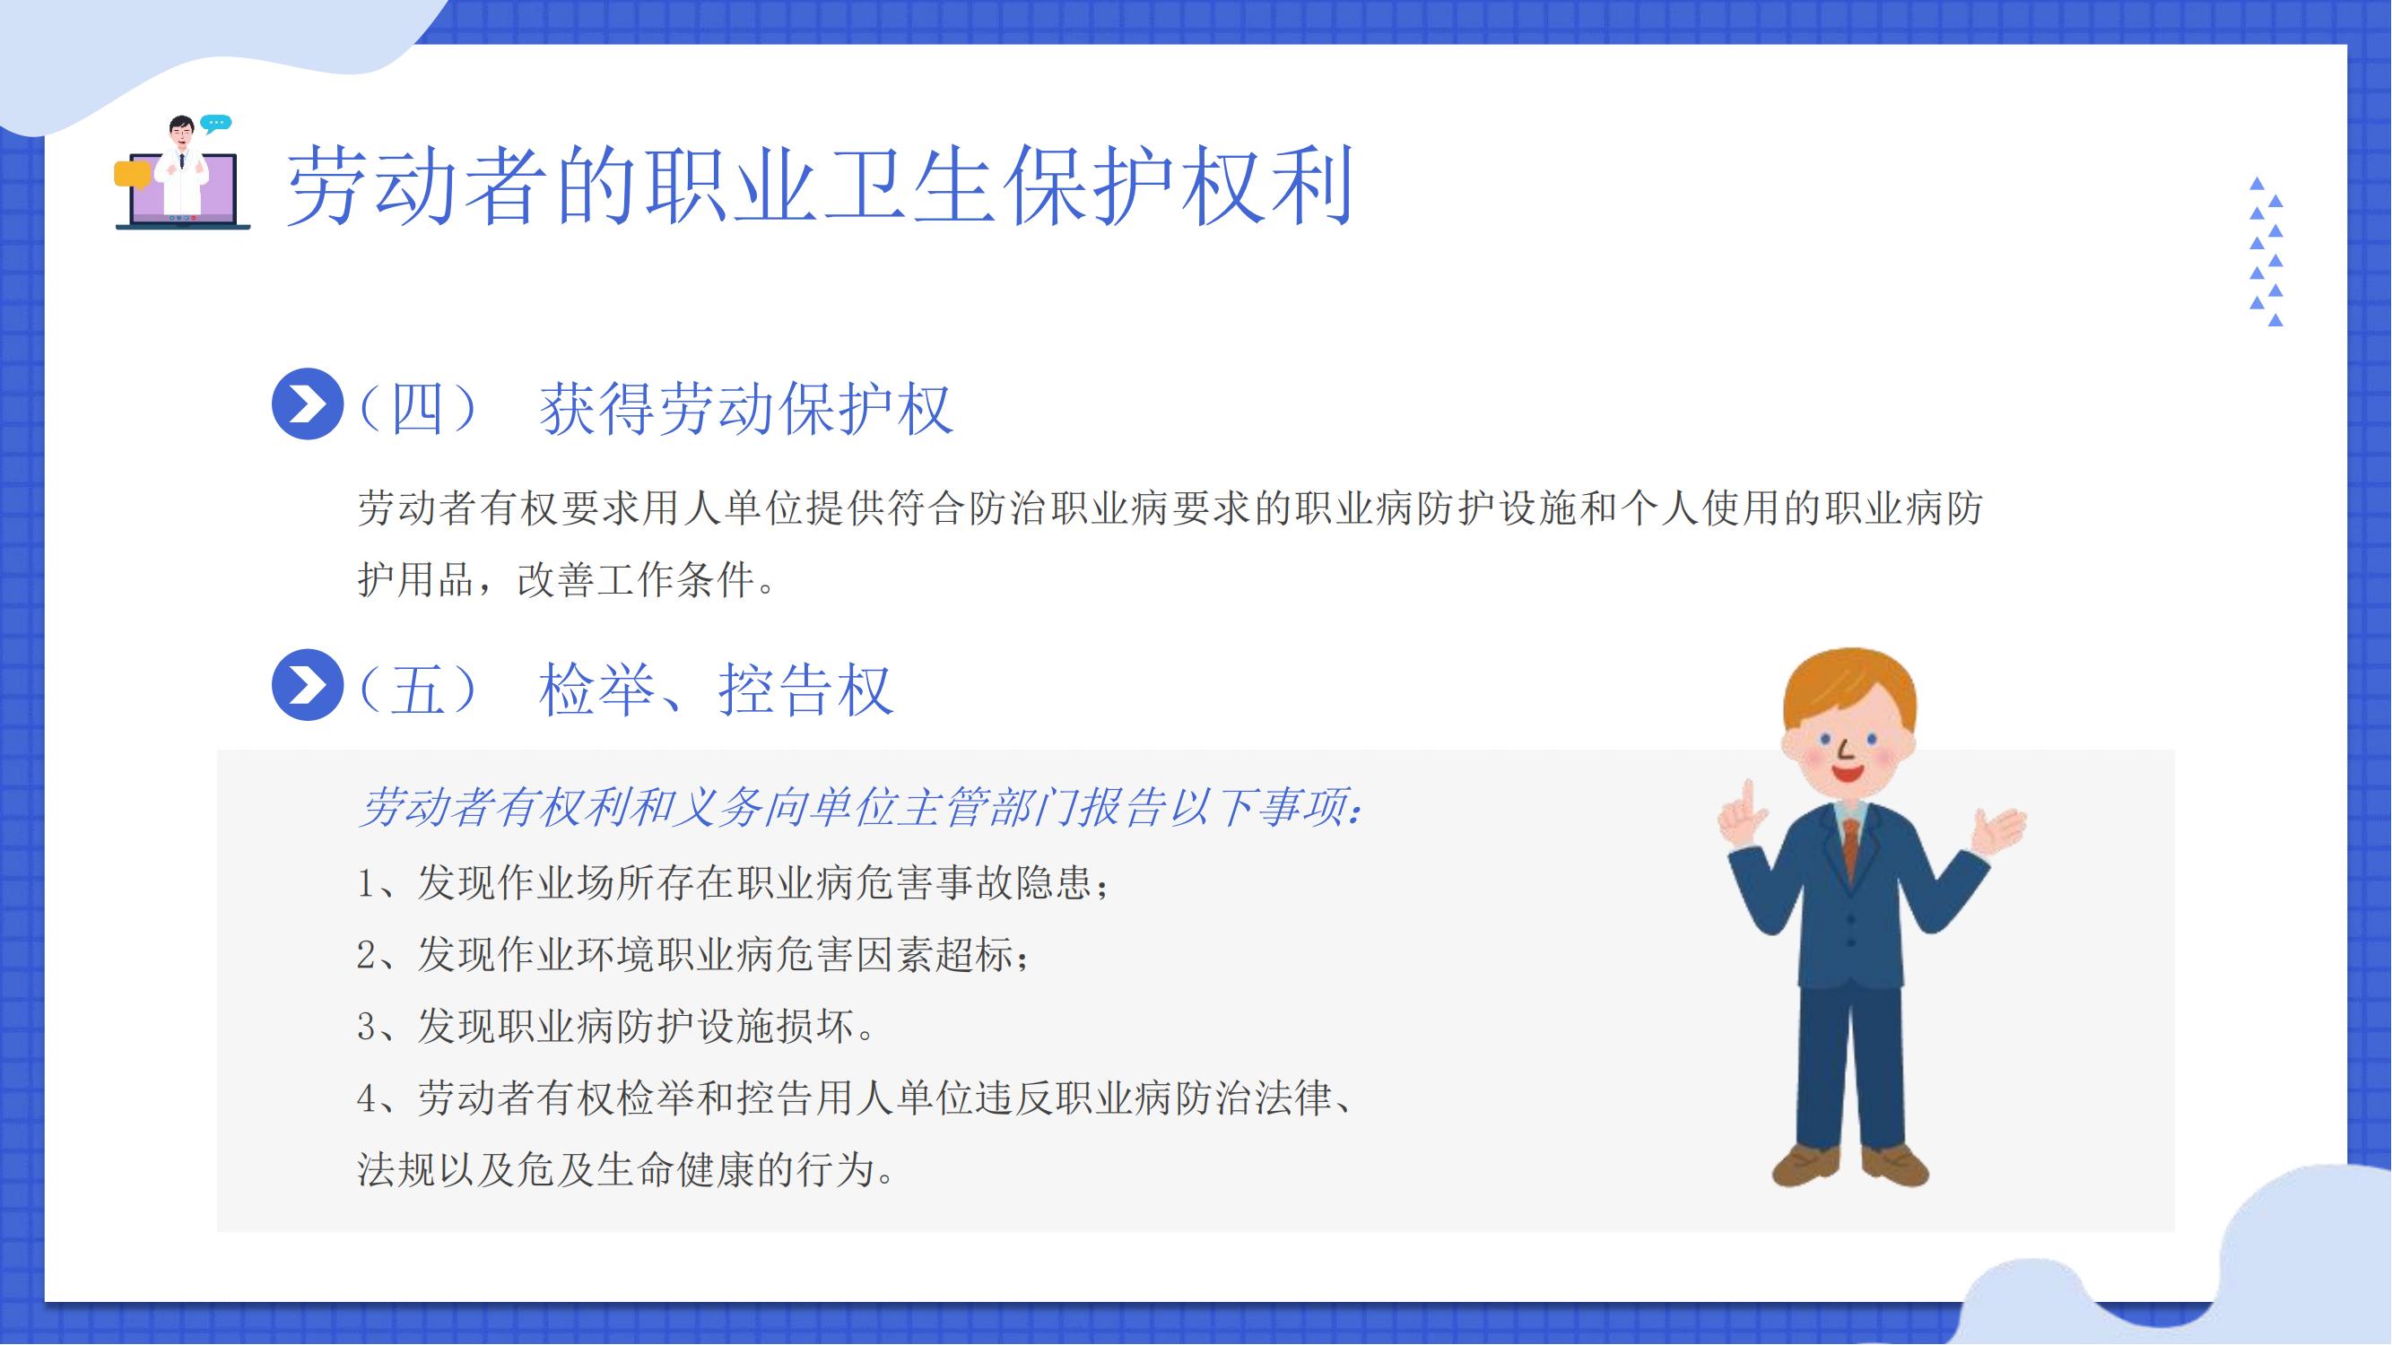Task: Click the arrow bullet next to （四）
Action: pyautogui.click(x=308, y=403)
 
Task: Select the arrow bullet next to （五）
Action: pyautogui.click(x=308, y=685)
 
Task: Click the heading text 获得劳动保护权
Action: pyautogui.click(x=746, y=408)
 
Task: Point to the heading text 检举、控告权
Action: pyautogui.click(x=716, y=690)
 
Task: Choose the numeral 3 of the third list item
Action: pyautogui.click(x=366, y=1027)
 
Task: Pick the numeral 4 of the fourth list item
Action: pyautogui.click(x=366, y=1099)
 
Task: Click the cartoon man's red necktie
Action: pyautogui.click(x=1849, y=849)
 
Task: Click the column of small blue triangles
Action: pyautogui.click(x=2266, y=252)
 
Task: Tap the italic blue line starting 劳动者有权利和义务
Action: pyautogui.click(x=863, y=809)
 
